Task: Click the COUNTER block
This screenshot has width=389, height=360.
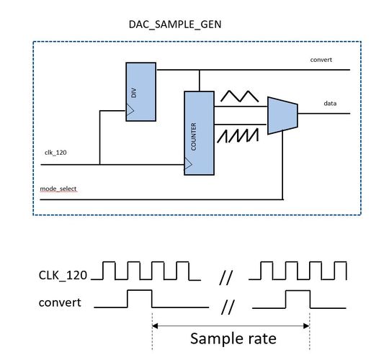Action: [199, 133]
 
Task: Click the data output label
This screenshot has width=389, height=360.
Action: [331, 103]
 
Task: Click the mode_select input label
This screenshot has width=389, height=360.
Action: [59, 189]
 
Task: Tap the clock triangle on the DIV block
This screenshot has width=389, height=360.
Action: [130, 111]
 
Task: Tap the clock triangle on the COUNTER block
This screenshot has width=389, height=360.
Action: [189, 165]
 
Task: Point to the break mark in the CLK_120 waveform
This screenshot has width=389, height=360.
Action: [226, 274]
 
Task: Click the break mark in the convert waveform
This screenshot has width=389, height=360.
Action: [228, 307]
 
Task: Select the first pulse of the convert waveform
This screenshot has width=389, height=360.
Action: [138, 298]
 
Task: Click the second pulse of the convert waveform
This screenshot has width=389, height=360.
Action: [297, 298]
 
